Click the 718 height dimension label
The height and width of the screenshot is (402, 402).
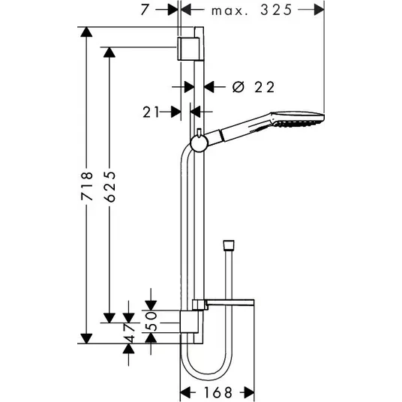[87, 186]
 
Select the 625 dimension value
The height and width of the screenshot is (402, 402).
[110, 187]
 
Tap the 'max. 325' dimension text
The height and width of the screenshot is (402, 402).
[252, 10]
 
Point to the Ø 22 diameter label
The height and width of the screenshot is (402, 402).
[253, 87]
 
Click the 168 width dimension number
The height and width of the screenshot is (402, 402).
[218, 392]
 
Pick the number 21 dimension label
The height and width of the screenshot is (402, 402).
[151, 112]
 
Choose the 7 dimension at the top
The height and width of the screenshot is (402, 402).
[145, 10]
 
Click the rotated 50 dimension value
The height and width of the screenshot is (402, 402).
[151, 321]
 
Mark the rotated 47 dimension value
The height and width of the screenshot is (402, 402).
[129, 333]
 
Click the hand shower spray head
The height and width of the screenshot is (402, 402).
[298, 118]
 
